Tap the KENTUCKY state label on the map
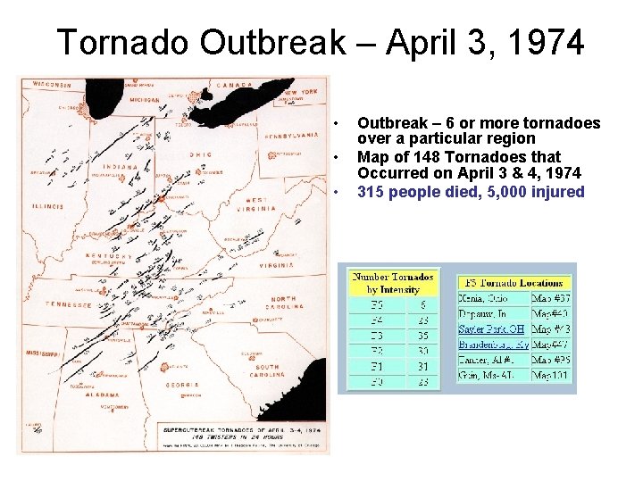coord(109,256)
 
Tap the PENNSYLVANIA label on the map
coord(291,135)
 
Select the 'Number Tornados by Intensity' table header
coord(394,282)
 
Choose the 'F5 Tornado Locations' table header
coord(516,282)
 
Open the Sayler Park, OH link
coord(489,328)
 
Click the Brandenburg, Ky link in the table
coord(492,344)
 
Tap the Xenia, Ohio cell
coord(485,298)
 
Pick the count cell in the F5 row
coord(422,304)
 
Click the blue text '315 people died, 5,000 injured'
coord(471,192)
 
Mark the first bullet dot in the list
coord(337,123)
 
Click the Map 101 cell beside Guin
coord(550,375)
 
